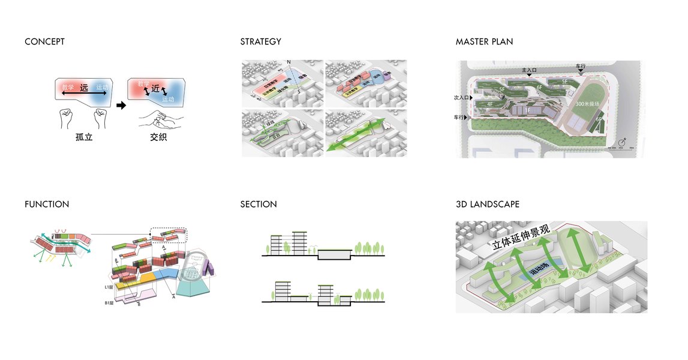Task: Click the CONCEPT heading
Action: coord(44,42)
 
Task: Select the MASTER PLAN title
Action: coord(484,42)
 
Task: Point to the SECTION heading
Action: coord(259,205)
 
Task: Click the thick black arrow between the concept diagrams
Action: coord(121,106)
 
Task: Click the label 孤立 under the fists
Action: coord(84,137)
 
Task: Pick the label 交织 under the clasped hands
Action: coord(158,137)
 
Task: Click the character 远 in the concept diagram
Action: coord(84,88)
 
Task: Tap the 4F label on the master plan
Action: coord(490,104)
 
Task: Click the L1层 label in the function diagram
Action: coord(109,287)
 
